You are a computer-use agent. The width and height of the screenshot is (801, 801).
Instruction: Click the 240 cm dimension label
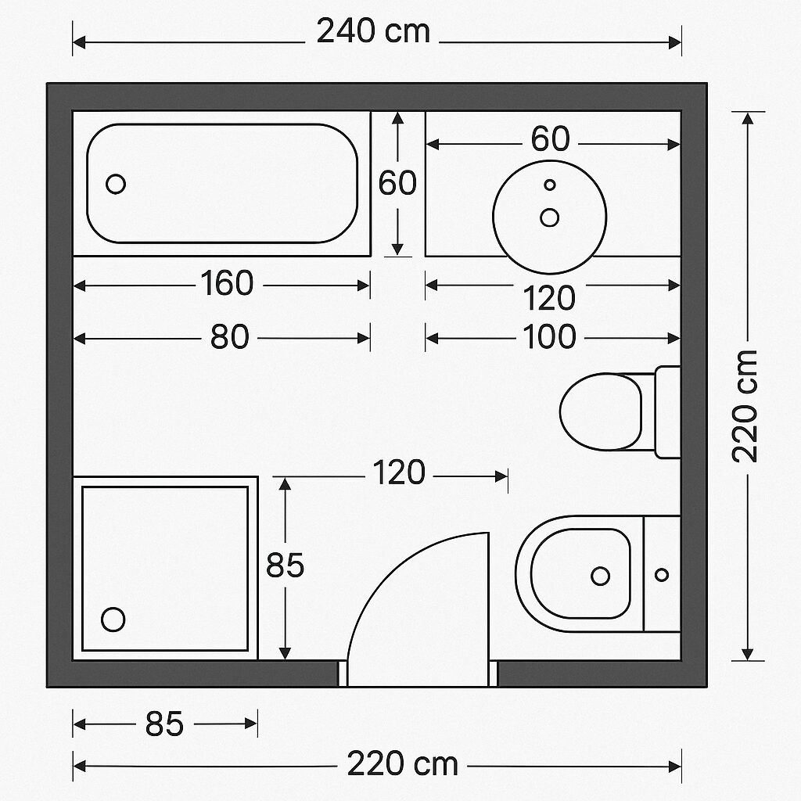(x=373, y=32)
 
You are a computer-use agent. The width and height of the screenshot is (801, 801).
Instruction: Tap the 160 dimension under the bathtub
(x=227, y=284)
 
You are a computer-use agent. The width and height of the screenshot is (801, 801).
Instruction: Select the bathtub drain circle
(x=116, y=185)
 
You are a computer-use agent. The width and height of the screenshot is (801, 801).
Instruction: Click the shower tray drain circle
(x=113, y=620)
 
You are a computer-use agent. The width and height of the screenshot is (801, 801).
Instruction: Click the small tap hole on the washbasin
(x=550, y=185)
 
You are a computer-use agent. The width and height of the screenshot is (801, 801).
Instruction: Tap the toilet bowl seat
(x=601, y=411)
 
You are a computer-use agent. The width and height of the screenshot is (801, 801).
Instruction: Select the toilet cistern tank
(x=667, y=411)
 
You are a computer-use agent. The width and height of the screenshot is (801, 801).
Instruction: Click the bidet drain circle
(x=600, y=576)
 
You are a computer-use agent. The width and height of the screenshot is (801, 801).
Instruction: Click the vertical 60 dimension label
(x=397, y=184)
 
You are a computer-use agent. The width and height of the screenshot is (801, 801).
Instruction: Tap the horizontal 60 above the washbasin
(x=550, y=140)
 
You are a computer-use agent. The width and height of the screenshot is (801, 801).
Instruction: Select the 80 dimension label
(x=229, y=338)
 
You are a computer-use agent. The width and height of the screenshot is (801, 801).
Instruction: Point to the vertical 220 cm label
(x=746, y=406)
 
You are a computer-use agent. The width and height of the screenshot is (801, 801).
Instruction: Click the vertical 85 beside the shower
(x=285, y=566)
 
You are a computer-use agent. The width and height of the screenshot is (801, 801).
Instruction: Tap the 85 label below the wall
(x=164, y=725)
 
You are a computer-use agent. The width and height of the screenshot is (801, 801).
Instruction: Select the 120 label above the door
(x=399, y=473)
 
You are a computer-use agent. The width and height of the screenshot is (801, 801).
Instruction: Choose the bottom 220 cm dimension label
(x=402, y=764)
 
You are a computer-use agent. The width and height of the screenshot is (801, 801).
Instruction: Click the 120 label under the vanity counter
(x=550, y=299)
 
